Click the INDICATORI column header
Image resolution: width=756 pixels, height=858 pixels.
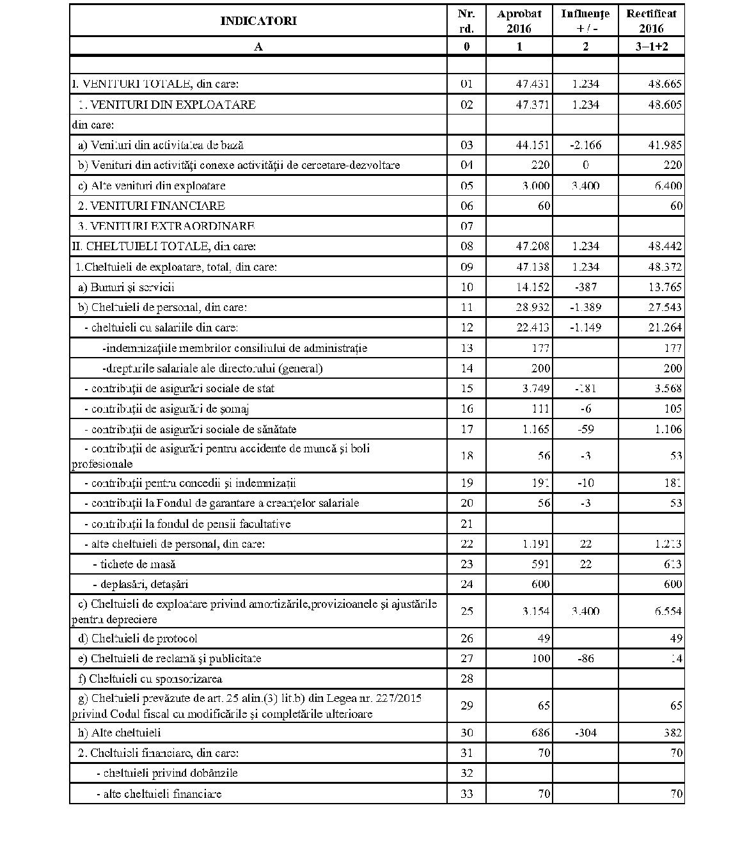pos(258,20)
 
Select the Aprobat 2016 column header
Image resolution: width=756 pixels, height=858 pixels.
pos(519,20)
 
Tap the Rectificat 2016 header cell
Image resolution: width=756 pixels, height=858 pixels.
pos(651,20)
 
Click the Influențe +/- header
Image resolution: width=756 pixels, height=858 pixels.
pos(585,20)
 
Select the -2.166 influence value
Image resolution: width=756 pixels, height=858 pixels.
pos(585,145)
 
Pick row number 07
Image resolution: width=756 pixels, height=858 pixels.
pos(466,226)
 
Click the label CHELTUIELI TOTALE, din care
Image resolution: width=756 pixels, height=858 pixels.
pos(164,246)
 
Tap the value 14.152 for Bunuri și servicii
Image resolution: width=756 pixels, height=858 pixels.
pos(532,287)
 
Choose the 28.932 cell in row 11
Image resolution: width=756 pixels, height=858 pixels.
pos(532,307)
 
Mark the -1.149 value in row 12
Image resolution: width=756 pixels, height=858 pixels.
pos(585,328)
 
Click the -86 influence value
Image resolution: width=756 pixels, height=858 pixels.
pos(585,658)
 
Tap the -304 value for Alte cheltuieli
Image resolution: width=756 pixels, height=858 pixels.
pos(585,733)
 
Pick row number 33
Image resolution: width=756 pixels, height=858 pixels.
pos(466,794)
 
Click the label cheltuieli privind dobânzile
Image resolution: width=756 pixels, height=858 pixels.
pos(167,773)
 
